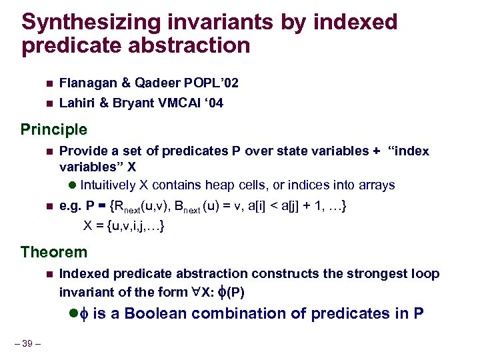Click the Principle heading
54,129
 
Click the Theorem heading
54,252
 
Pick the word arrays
377,185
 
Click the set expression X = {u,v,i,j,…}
125,227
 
